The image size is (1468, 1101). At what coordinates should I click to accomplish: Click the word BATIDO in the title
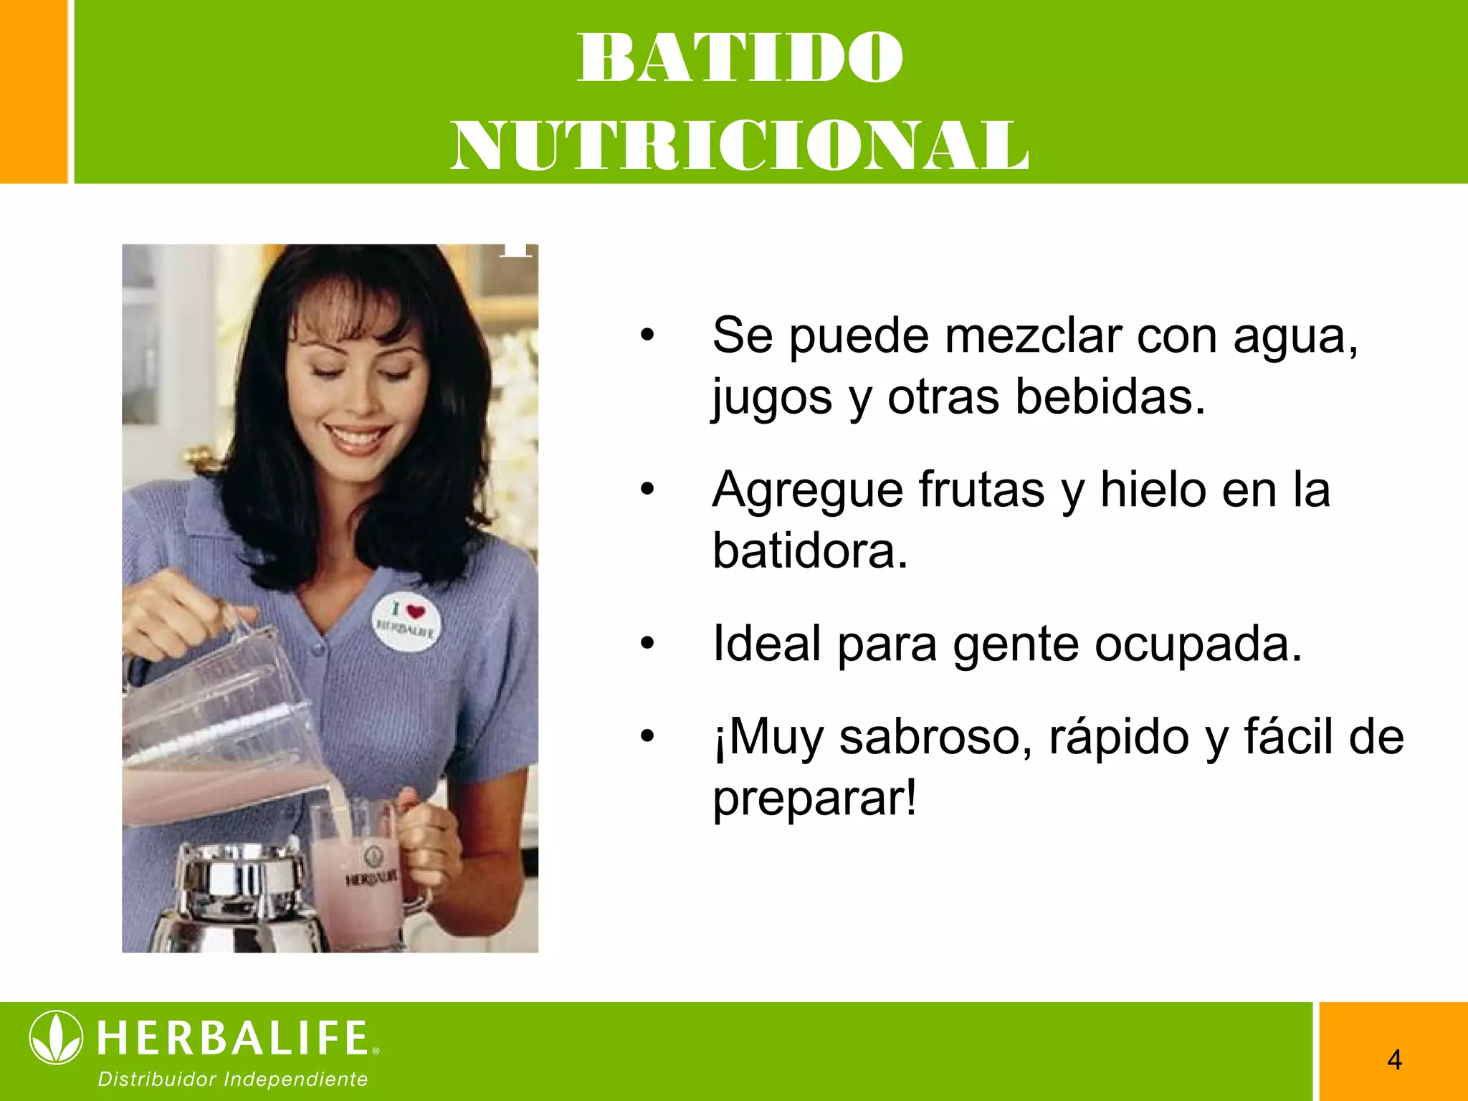740,58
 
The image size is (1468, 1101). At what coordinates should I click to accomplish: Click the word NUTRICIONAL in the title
740,146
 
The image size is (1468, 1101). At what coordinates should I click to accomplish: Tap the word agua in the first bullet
1295,336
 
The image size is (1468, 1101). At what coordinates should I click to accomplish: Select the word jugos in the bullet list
772,399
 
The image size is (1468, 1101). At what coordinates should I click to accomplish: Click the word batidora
810,551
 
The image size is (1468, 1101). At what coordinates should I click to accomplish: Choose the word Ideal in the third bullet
766,644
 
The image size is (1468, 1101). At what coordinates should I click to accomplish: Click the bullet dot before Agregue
647,490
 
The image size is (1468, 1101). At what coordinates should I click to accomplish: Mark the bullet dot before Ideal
647,644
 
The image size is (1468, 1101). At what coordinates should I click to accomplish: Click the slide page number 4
1394,1059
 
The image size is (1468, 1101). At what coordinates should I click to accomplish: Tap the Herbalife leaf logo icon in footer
56,1037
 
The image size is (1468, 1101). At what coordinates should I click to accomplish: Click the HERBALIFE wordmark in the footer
233,1038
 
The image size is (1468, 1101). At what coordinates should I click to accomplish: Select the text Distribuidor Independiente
233,1079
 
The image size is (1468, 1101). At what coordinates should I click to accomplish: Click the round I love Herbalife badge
406,621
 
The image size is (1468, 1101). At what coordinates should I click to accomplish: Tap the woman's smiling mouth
357,437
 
